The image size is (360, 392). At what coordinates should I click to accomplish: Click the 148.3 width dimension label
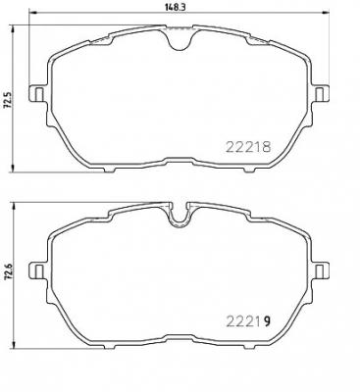(x=178, y=7)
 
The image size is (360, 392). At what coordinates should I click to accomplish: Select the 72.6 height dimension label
(x=8, y=277)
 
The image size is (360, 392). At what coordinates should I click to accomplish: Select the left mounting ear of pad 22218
(x=36, y=94)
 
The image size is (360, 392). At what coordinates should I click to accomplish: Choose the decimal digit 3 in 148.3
(x=187, y=7)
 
